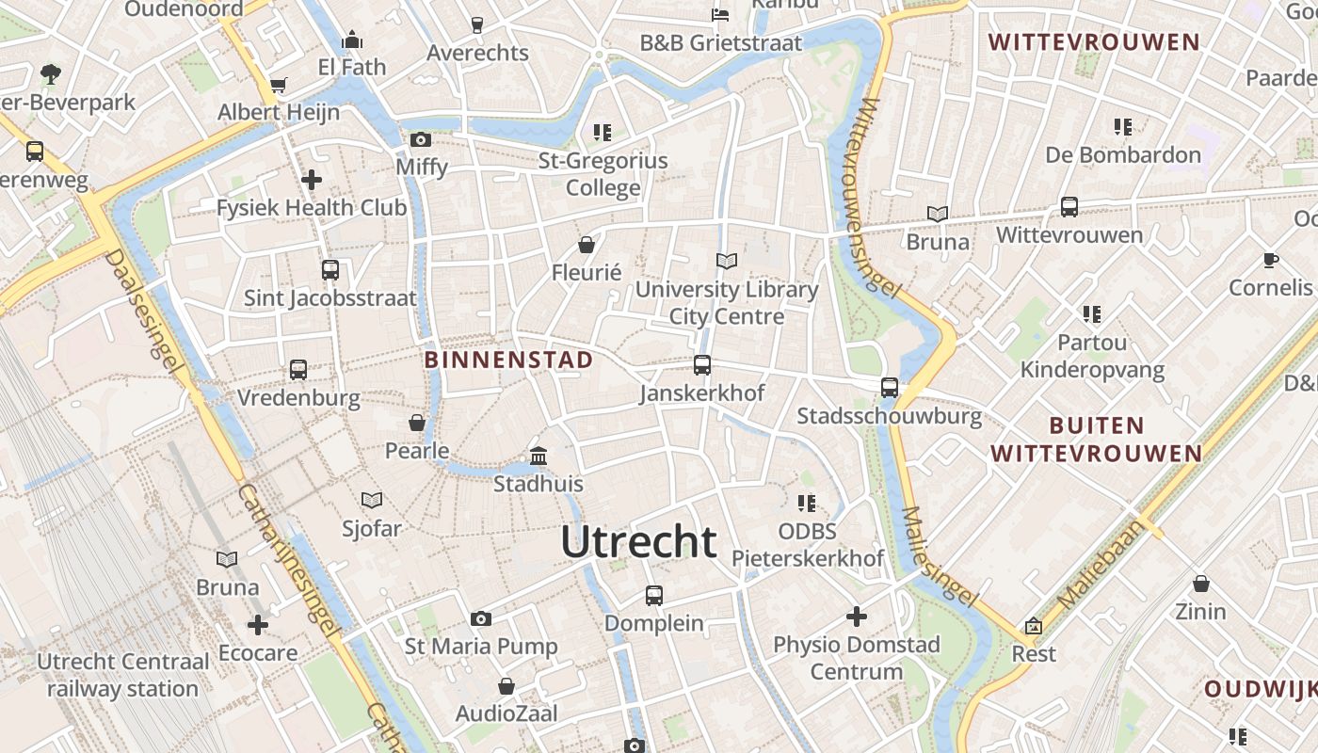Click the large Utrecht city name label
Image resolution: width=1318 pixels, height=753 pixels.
[x=638, y=542]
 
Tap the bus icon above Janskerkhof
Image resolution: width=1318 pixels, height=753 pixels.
[x=702, y=365]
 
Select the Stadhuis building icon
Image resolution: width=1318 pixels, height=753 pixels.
[x=538, y=457]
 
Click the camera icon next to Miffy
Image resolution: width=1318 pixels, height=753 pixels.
[x=421, y=140]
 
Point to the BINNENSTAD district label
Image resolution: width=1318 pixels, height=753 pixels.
[x=508, y=360]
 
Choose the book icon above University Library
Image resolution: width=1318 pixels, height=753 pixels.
[x=727, y=261]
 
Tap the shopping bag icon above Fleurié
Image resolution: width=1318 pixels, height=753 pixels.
[x=587, y=246]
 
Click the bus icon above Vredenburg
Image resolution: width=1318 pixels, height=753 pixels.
[x=298, y=370]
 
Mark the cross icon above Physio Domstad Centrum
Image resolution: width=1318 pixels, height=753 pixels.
[x=857, y=617]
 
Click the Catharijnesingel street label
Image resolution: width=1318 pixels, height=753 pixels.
[x=287, y=555]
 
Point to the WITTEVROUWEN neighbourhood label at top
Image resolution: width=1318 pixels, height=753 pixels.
[x=1095, y=42]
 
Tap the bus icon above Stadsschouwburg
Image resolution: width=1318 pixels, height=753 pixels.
[x=890, y=387]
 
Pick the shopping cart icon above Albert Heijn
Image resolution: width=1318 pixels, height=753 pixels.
[x=278, y=86]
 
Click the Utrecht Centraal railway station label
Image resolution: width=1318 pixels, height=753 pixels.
[x=122, y=675]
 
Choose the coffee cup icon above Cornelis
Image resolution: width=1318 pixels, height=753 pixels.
[x=1271, y=260]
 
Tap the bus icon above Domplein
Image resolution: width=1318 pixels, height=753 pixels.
[x=654, y=595]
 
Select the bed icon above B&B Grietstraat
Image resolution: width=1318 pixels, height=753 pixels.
[x=720, y=15]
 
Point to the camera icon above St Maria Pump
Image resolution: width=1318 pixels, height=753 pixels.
[x=481, y=618]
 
